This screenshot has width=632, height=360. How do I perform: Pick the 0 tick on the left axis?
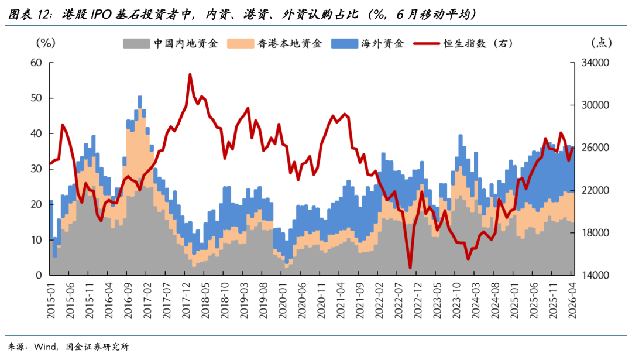(38, 275)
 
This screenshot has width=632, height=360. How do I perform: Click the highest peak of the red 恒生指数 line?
(190, 74)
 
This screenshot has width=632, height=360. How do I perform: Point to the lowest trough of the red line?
(410, 268)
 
